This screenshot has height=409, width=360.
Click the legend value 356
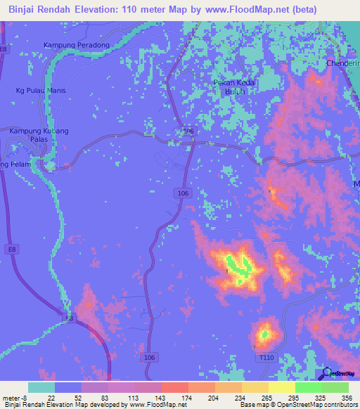(x=345, y=398)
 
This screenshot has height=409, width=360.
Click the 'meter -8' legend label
(x=13, y=398)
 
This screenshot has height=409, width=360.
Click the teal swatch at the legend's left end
(x=41, y=387)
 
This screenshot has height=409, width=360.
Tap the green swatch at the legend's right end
(x=335, y=387)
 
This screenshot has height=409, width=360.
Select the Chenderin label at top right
(x=342, y=64)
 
